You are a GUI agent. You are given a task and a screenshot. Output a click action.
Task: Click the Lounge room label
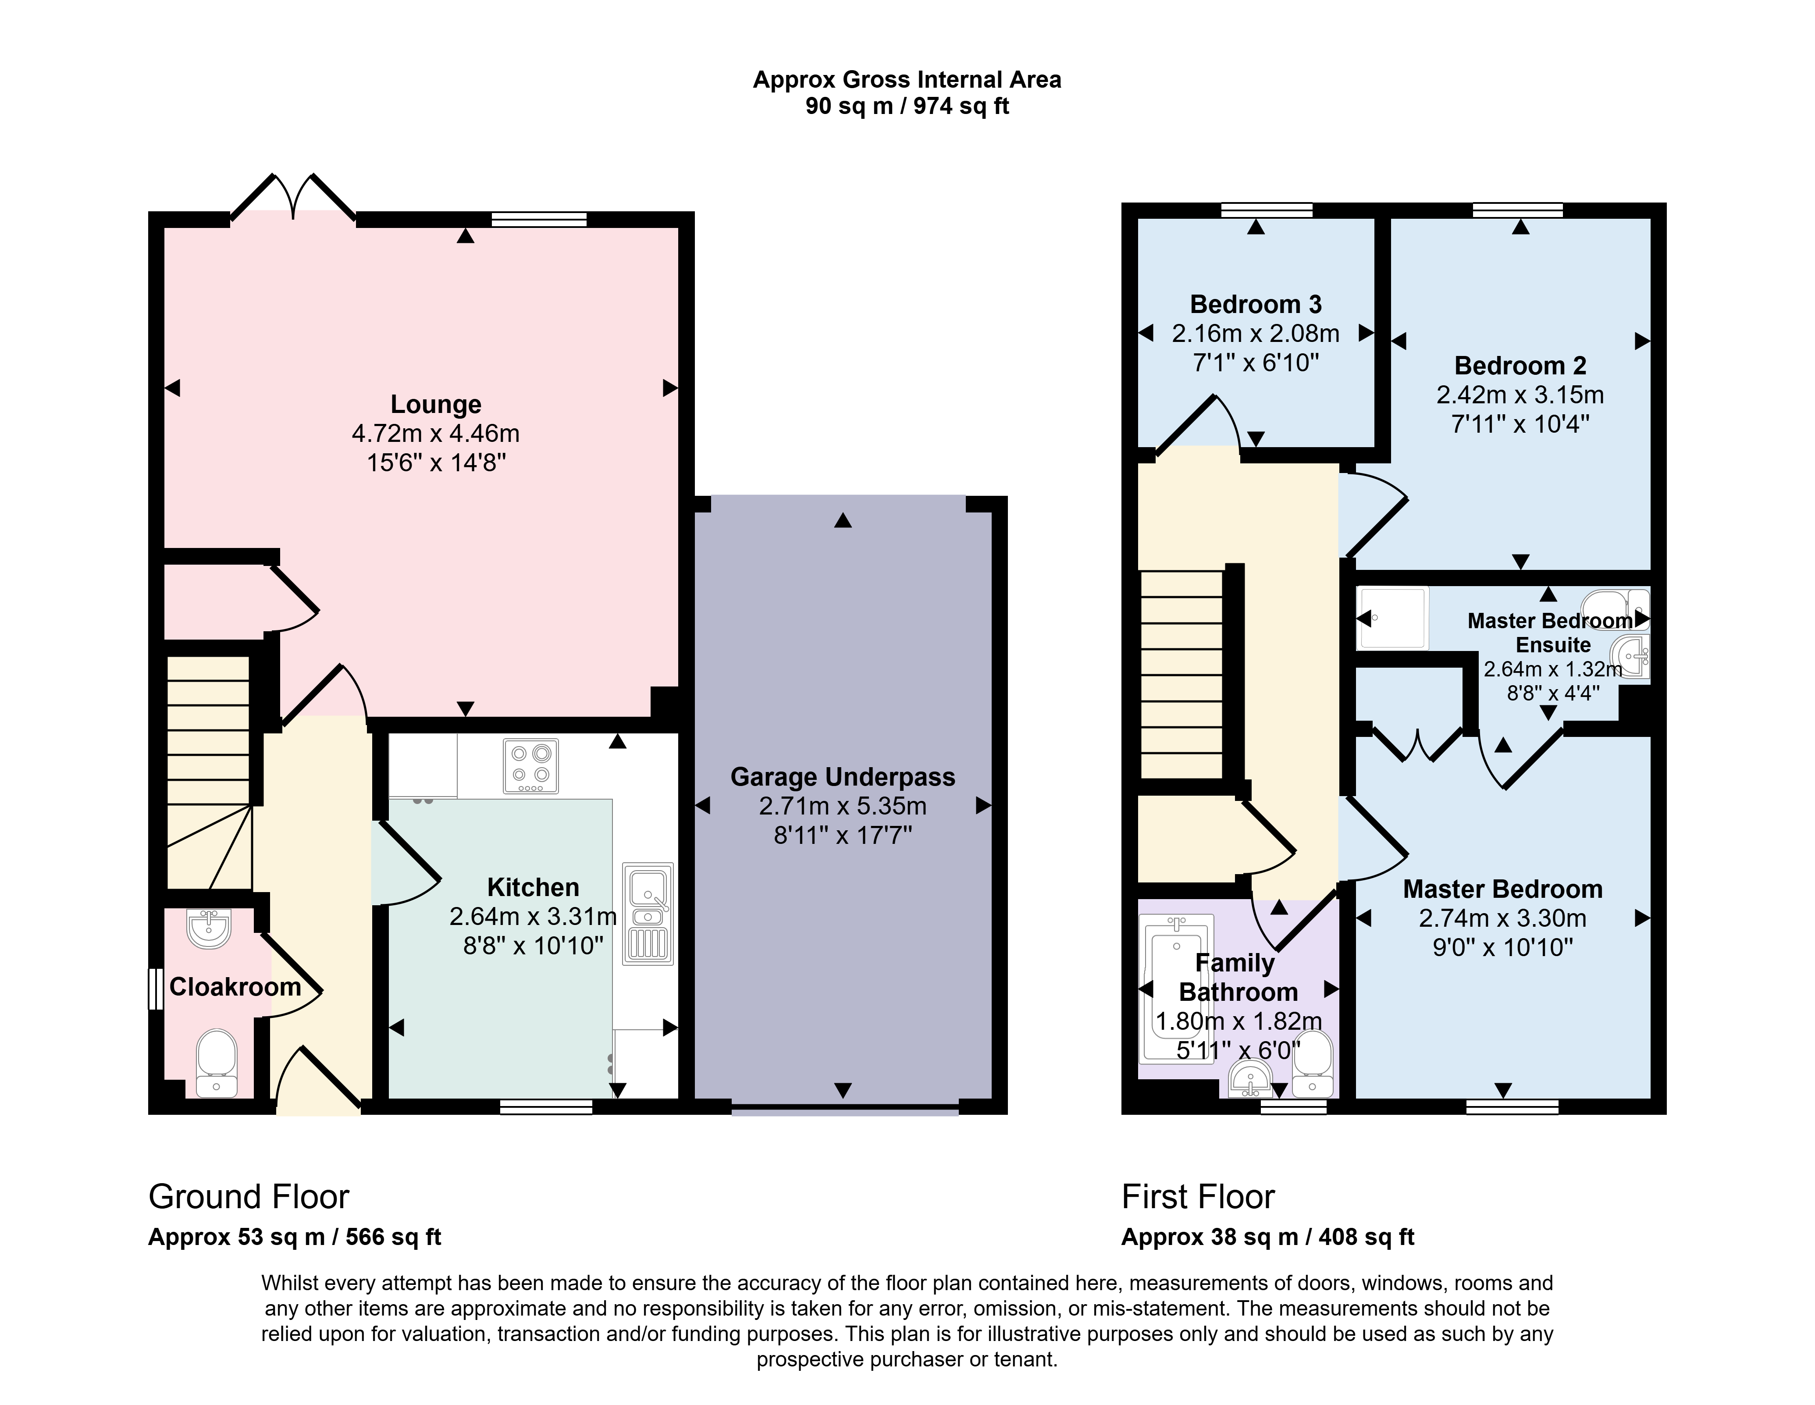coord(436,405)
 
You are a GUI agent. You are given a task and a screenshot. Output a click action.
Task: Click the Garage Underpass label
coord(843,777)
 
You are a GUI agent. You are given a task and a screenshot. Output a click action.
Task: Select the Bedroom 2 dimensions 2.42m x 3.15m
coord(1520,395)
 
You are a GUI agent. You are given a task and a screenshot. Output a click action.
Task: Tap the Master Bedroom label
coord(1502,889)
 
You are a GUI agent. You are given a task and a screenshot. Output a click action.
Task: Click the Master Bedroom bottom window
coord(1512,1106)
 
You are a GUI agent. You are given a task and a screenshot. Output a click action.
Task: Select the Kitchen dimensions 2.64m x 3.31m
coord(533,917)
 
